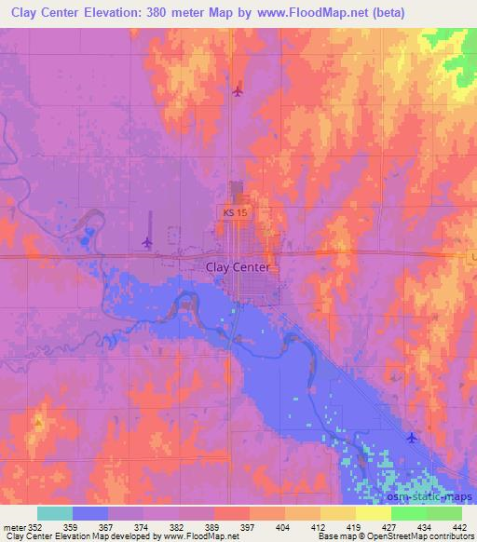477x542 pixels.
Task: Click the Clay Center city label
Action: tap(238, 266)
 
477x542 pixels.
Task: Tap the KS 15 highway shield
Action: tap(237, 213)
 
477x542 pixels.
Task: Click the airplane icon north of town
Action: tap(238, 90)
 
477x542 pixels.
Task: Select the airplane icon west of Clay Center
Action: tap(147, 243)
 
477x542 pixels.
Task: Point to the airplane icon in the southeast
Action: tap(413, 437)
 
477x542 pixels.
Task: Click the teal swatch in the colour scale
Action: tap(55, 512)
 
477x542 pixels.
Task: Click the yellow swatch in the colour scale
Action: tap(337, 512)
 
